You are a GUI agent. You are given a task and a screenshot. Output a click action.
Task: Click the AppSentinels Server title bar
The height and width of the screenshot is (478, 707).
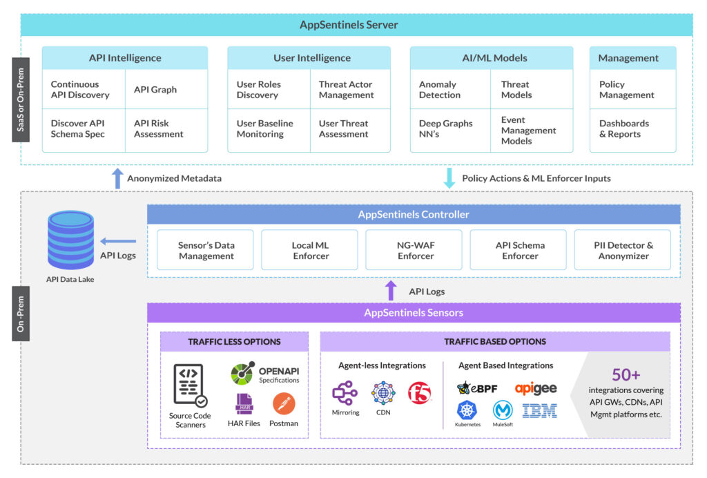[x=348, y=25]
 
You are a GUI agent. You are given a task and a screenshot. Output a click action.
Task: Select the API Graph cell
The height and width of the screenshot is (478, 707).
[x=155, y=89]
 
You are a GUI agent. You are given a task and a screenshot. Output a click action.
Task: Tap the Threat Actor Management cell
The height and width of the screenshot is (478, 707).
[x=346, y=90]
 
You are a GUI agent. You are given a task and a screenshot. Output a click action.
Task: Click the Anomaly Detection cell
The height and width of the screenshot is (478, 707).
[x=440, y=90]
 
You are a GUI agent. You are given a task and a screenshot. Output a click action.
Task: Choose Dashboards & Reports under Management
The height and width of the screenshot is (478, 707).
[x=624, y=128]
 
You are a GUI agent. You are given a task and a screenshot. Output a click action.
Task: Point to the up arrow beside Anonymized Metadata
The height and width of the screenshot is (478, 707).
[x=117, y=178]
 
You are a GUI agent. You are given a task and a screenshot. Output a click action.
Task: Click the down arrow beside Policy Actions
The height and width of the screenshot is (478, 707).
[x=449, y=178]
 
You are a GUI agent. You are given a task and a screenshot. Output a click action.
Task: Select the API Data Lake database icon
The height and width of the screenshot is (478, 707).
[x=70, y=240]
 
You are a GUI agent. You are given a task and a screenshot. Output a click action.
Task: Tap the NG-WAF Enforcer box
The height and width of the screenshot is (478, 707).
[x=415, y=250]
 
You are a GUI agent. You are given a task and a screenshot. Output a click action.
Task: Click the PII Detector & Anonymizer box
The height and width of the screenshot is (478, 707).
[x=623, y=250]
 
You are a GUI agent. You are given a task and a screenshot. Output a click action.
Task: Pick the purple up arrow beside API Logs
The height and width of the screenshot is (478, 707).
[x=391, y=290]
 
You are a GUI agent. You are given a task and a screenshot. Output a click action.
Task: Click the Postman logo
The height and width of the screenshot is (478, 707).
[x=284, y=403]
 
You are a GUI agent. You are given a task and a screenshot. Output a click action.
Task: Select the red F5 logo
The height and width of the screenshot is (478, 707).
[x=419, y=393]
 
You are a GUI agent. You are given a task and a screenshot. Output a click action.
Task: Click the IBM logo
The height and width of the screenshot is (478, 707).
[x=539, y=411]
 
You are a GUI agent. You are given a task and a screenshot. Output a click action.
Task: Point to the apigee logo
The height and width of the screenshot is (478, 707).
[x=535, y=388]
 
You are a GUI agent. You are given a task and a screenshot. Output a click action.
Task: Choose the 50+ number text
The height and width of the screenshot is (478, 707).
[x=626, y=375]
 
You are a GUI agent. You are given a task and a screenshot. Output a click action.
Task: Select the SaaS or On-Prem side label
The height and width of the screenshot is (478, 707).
[x=21, y=105]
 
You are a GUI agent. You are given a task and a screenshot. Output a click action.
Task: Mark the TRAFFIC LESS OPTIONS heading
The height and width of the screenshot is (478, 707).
[x=234, y=341]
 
